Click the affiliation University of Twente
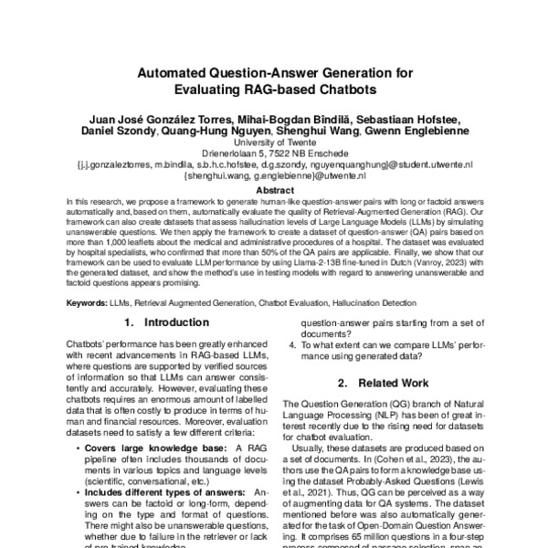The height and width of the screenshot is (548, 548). click(273, 143)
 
